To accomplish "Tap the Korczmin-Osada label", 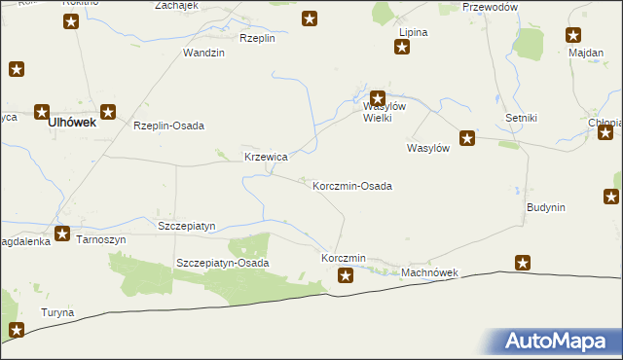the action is point(352,185).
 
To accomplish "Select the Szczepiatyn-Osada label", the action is point(222,263).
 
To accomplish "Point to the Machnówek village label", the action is point(429,274).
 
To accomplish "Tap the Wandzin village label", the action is point(204,53).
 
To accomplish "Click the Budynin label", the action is point(546,208).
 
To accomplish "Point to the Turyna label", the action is point(56,312).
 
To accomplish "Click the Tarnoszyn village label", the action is point(102,239).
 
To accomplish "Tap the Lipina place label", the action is point(413,32).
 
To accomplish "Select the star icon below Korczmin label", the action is point(346,276).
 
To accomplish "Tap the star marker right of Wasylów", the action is point(467,139).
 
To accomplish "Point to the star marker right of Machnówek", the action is point(523,263).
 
